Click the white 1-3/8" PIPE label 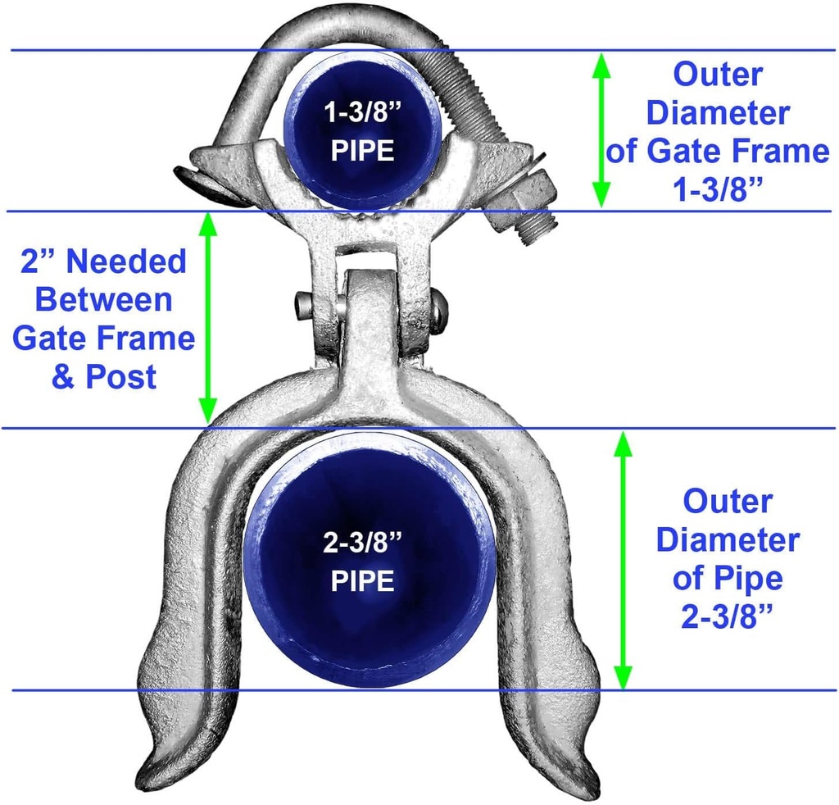pos(363,132)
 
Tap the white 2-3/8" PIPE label pos(363,562)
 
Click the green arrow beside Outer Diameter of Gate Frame pos(601,130)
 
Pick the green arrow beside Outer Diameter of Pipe pos(623,560)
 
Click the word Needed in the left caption pos(126,262)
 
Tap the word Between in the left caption pos(104,300)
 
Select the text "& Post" pos(104,377)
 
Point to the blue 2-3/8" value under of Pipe pos(728,616)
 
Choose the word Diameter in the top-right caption pos(718,113)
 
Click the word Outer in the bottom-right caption pos(728,502)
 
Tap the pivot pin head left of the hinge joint pos(303,307)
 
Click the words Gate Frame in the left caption pos(104,339)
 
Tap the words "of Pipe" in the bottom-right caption pos(728,579)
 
